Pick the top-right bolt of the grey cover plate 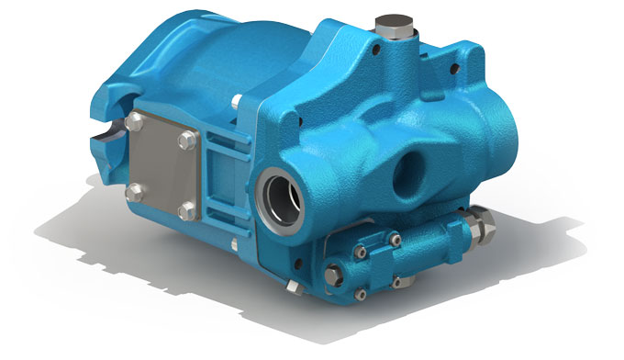[x=189, y=139]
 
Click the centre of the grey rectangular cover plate [x=161, y=165]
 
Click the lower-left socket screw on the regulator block [x=360, y=294]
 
